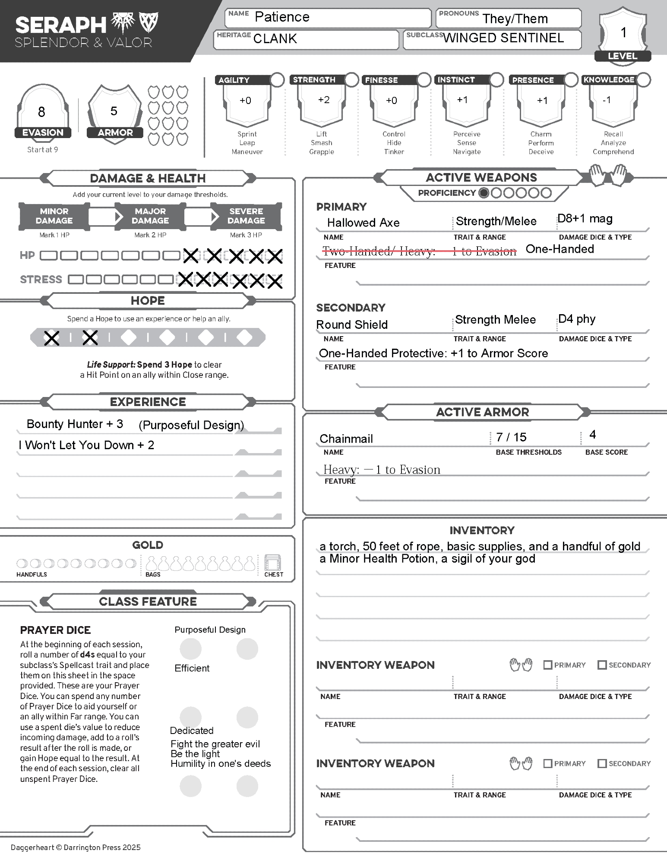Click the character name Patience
click(x=282, y=17)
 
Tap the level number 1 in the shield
click(x=623, y=33)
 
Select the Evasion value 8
click(x=41, y=112)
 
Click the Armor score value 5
click(x=114, y=111)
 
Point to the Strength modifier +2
click(x=324, y=100)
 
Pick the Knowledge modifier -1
click(x=607, y=100)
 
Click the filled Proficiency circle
click(x=484, y=193)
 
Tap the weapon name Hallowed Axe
click(x=363, y=223)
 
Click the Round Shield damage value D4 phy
click(x=576, y=319)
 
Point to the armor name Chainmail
click(x=346, y=439)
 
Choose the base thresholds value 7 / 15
click(x=511, y=437)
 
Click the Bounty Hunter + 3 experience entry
click(x=75, y=424)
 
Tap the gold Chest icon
click(x=272, y=563)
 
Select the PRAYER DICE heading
click(x=55, y=630)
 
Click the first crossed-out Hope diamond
click(x=52, y=338)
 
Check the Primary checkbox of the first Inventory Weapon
click(x=547, y=665)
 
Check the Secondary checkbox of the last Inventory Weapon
click(x=602, y=763)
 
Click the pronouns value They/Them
click(x=515, y=19)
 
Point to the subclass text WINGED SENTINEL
click(x=503, y=38)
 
